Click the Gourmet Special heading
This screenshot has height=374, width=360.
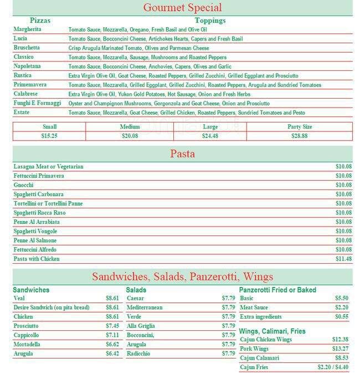(182, 8)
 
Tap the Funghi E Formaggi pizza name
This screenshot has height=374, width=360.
(37, 103)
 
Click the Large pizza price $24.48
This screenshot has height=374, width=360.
(210, 135)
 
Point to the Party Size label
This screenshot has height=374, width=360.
(300, 127)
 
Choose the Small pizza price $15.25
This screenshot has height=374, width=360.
(49, 135)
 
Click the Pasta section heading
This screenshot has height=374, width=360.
(182, 153)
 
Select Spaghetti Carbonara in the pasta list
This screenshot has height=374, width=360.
(38, 194)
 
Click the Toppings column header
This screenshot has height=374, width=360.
(210, 21)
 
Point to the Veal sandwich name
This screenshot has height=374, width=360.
(19, 298)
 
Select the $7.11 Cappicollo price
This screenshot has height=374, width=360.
(112, 335)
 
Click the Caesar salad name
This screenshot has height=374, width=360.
(135, 298)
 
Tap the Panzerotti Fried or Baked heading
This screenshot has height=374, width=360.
(277, 290)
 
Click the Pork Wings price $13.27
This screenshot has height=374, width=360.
(340, 349)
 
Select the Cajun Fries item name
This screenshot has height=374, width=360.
(254, 367)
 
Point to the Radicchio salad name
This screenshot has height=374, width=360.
(138, 353)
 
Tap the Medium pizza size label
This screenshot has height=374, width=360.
(130, 127)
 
